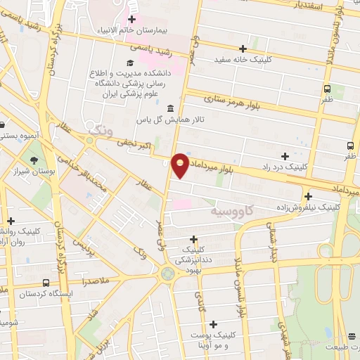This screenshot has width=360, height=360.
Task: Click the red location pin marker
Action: (181, 165)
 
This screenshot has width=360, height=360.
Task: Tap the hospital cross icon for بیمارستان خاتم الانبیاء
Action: (131, 18)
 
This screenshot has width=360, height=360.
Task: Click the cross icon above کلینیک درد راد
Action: (285, 156)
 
